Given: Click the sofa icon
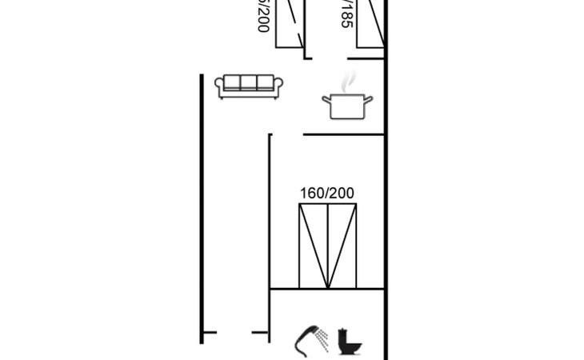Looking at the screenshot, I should (250, 86).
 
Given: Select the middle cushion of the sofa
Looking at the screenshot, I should (250, 84).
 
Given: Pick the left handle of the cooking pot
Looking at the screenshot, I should (325, 99).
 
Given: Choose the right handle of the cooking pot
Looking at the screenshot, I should (370, 99).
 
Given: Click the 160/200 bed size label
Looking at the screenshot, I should (326, 193).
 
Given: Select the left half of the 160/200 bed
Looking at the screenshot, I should (313, 246).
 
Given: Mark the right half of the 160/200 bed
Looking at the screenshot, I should (341, 246).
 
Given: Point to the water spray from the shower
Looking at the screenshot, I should (324, 339).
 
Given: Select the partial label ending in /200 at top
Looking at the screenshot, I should (261, 14).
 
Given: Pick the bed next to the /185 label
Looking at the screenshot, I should (370, 24).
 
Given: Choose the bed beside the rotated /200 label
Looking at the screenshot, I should (289, 24).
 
